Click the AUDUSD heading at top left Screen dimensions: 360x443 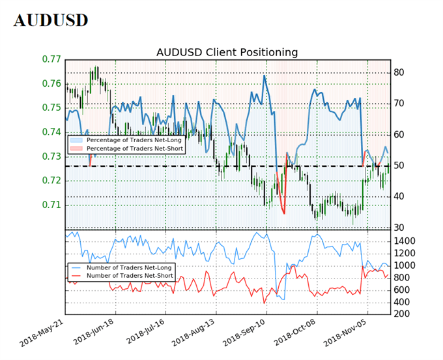[x=50, y=20]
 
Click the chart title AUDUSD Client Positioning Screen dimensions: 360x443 [x=227, y=52]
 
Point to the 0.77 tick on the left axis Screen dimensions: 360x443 [x=51, y=59]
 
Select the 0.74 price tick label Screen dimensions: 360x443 [x=51, y=132]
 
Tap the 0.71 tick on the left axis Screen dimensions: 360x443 [x=51, y=205]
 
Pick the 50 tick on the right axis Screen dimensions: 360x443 [x=401, y=166]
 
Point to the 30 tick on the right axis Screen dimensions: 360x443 [x=401, y=228]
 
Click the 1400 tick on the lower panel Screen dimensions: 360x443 [x=408, y=241]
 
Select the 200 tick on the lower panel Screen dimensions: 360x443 [x=405, y=314]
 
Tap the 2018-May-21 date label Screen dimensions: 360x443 [x=44, y=334]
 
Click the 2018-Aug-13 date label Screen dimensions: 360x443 [x=195, y=334]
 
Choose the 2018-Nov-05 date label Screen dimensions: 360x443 [x=346, y=334]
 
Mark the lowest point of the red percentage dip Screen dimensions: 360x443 [x=284, y=213]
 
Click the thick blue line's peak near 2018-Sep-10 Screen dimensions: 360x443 [x=264, y=76]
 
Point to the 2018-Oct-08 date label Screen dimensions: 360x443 [x=296, y=334]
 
